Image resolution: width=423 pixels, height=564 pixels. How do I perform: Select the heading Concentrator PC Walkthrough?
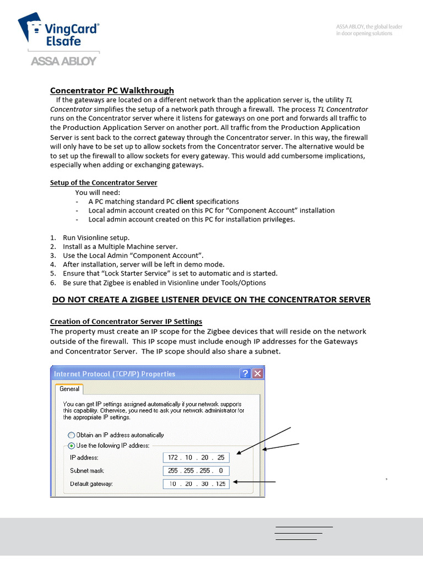[x=112, y=90]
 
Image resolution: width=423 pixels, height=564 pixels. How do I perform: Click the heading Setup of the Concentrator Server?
[x=104, y=183]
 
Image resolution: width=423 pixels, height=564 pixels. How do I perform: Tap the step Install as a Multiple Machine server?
[x=120, y=247]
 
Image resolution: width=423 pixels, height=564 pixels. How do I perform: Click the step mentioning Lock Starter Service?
[x=170, y=273]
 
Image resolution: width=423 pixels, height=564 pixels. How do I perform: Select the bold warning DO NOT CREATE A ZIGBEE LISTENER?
[x=211, y=300]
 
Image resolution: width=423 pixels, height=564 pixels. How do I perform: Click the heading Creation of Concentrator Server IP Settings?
[x=126, y=322]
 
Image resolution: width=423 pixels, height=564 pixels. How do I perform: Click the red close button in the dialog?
[x=257, y=374]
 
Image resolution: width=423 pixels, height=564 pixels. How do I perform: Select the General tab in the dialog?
[x=69, y=389]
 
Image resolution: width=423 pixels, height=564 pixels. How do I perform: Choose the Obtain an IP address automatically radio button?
[x=71, y=435]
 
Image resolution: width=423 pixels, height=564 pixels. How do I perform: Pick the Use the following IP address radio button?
[x=71, y=445]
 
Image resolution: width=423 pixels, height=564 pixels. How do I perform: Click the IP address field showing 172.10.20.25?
[x=196, y=458]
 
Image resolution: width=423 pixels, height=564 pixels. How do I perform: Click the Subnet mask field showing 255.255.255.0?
[x=196, y=471]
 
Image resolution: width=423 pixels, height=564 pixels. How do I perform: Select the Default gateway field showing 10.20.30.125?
[x=196, y=484]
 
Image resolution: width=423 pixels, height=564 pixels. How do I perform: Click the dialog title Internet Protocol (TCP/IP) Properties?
[x=115, y=374]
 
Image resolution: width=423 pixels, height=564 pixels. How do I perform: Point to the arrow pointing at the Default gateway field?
[x=253, y=482]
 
